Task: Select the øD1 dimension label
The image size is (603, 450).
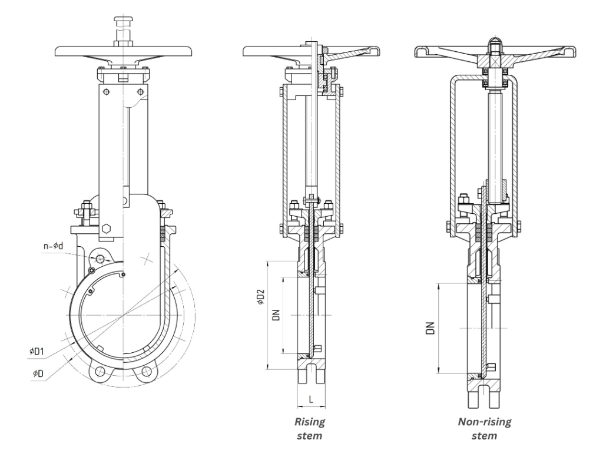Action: pos(38,352)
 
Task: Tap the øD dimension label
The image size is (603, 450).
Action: pos(38,373)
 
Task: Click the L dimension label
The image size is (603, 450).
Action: pos(310,399)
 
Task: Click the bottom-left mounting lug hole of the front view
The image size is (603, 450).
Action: pos(100,372)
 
